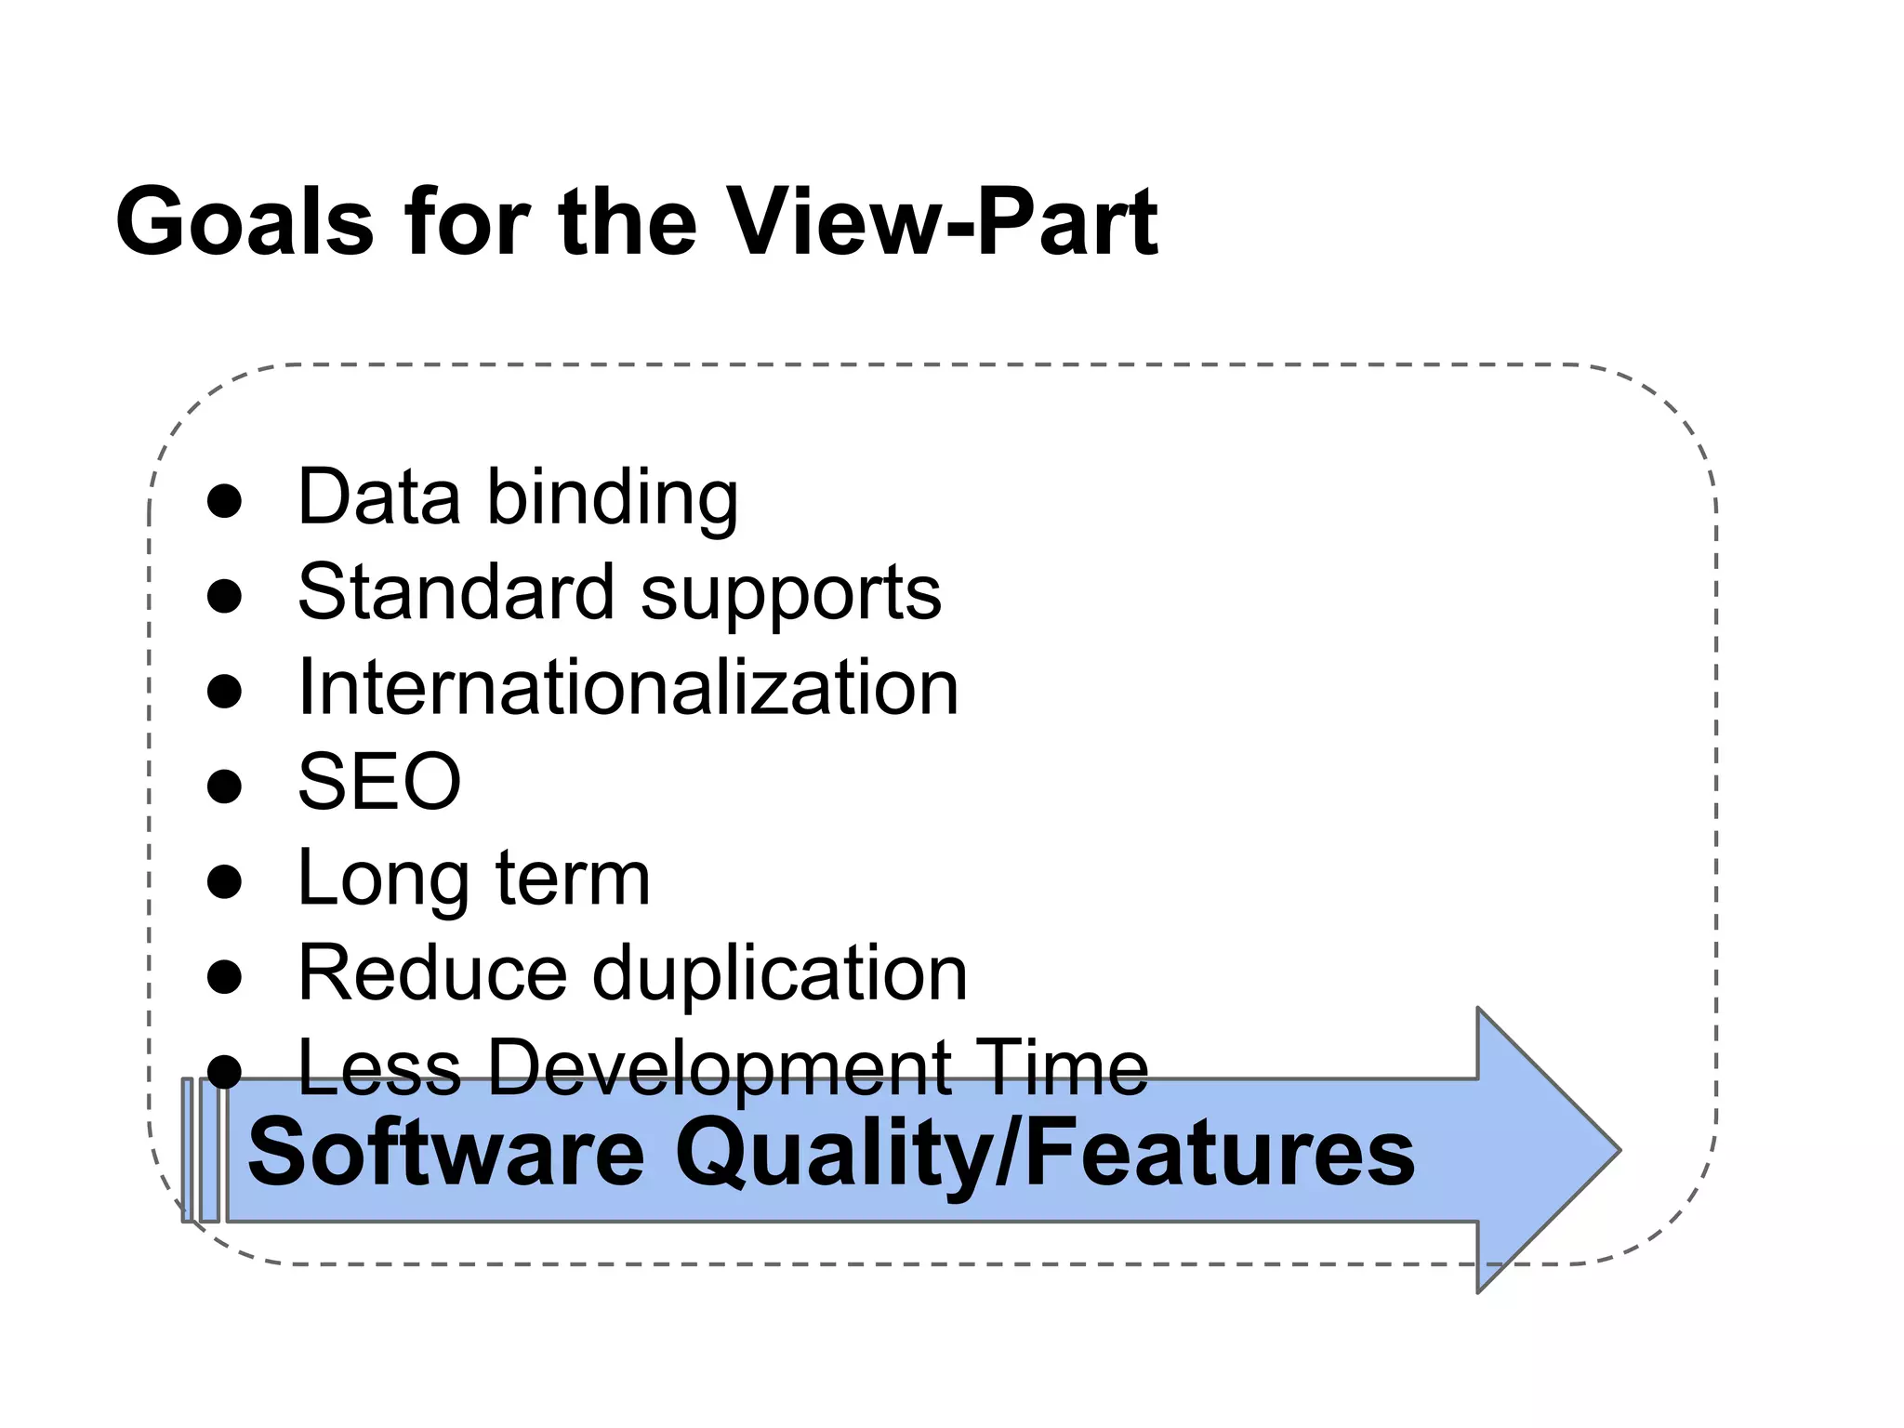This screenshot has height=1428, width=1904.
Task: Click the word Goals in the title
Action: point(245,223)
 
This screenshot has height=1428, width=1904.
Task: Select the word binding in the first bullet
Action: point(613,499)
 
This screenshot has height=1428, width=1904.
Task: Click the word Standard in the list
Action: point(456,592)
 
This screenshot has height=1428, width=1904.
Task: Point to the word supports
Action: point(791,596)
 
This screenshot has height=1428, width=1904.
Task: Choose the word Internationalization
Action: point(628,688)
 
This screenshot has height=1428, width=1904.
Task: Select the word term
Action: point(573,879)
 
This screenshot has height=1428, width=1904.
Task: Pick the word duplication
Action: point(780,975)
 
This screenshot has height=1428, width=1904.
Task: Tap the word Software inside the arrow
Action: point(446,1154)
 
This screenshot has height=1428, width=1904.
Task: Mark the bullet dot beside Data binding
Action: point(224,501)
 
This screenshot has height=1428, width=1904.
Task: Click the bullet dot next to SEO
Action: point(224,786)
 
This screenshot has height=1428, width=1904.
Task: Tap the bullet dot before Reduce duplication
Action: point(224,976)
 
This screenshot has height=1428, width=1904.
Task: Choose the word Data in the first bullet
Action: point(379,497)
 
